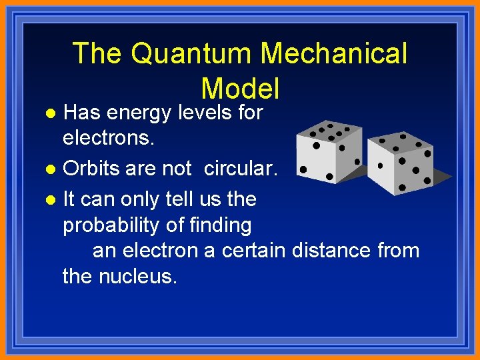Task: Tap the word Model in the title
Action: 239,88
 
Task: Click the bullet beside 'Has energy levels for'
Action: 56,113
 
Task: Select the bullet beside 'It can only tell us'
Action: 56,199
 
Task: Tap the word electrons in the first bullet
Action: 107,138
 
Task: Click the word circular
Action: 239,169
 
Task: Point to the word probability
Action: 111,226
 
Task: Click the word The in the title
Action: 97,54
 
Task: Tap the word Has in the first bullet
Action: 82,113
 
